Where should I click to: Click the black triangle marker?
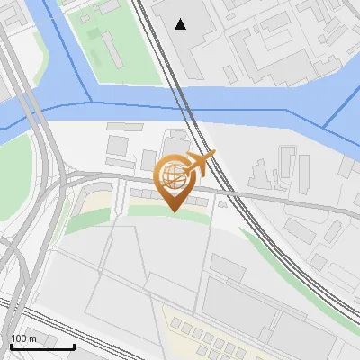point(181,24)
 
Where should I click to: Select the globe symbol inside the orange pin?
point(174,173)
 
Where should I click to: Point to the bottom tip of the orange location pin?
point(175,211)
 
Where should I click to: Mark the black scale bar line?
point(41,346)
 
